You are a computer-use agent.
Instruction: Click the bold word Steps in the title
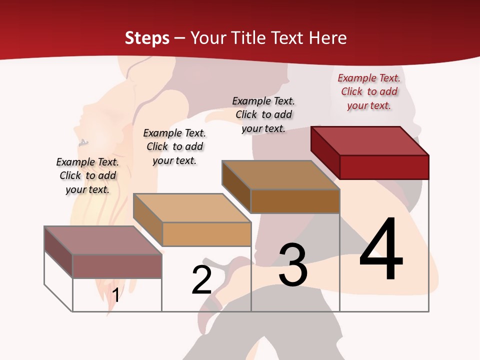tap(147, 38)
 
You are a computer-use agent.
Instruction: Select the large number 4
tap(381, 250)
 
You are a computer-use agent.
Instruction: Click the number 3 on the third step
tap(293, 265)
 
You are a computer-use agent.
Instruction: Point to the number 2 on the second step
tap(202, 280)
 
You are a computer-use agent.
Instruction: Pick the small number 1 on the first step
tap(115, 295)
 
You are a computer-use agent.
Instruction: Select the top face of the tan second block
tap(192, 208)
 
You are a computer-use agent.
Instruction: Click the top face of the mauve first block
tap(103, 240)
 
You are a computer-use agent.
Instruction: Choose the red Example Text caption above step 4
tap(369, 91)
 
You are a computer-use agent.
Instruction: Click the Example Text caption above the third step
tap(263, 114)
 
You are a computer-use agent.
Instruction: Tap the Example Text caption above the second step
tap(174, 146)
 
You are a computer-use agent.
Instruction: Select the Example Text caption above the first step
tap(87, 175)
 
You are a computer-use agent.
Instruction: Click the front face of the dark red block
tap(384, 167)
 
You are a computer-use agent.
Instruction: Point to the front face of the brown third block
tap(295, 201)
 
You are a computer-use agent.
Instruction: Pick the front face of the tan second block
tap(206, 234)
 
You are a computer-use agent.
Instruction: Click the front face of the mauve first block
tap(117, 266)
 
